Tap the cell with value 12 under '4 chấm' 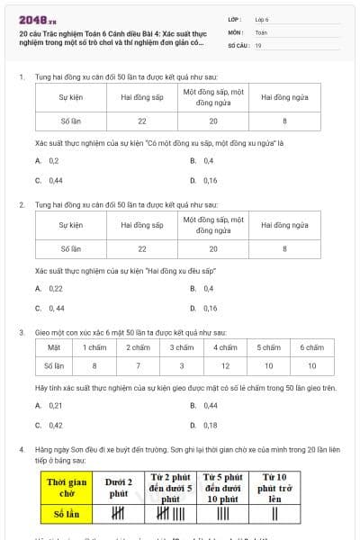tap(225, 365)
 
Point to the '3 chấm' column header tap(182, 346)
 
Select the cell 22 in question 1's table tap(142, 120)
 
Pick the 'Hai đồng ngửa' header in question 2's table tap(285, 224)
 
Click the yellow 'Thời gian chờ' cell tap(67, 488)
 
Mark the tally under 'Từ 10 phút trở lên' tap(274, 514)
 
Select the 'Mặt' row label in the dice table tap(54, 346)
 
